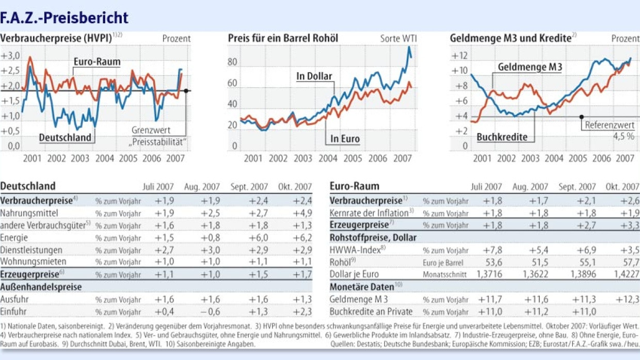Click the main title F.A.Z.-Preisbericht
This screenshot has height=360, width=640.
[65, 18]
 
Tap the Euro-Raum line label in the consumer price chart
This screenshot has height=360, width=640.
[97, 62]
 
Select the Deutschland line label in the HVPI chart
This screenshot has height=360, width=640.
[65, 137]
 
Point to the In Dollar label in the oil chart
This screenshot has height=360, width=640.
[314, 76]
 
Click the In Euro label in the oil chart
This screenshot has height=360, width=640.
[345, 139]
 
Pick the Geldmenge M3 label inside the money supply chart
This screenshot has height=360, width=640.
[530, 67]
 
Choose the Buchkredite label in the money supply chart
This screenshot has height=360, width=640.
[502, 137]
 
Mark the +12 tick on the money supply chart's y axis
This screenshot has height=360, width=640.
[459, 56]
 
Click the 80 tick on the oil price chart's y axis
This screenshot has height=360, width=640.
[232, 62]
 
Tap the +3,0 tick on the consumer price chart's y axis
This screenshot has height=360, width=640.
[10, 56]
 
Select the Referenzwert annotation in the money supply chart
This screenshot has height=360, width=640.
[609, 125]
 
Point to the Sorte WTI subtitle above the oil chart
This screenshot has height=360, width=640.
[398, 39]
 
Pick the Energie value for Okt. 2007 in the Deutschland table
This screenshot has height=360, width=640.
[302, 238]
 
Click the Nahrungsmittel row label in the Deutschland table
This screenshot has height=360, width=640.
[29, 212]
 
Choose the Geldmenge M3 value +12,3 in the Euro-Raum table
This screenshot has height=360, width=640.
[628, 299]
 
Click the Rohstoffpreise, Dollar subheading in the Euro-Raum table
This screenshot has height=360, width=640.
[373, 238]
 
